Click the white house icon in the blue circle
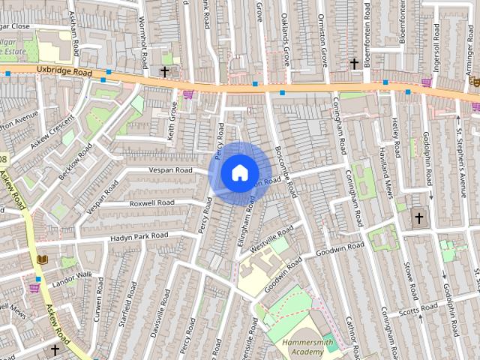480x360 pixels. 239,173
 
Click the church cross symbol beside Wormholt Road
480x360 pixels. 164,72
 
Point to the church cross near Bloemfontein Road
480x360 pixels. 354,64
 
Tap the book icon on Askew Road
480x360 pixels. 41,259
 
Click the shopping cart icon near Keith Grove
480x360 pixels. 187,94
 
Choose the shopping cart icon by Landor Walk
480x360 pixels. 34,286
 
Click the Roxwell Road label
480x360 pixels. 151,202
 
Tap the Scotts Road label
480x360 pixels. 418,310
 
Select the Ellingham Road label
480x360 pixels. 246,216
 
